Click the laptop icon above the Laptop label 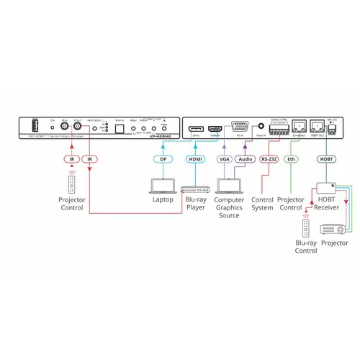[162, 184]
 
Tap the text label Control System [263, 203]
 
